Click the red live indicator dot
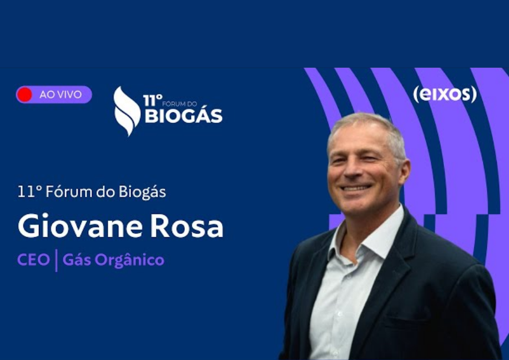pyautogui.click(x=24, y=94)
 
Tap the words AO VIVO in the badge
pyautogui.click(x=61, y=94)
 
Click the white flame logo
pyautogui.click(x=127, y=111)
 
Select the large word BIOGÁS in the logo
pyautogui.click(x=183, y=116)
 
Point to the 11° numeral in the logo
pyautogui.click(x=153, y=101)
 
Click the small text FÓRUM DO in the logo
pyautogui.click(x=179, y=104)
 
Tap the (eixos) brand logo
pyautogui.click(x=445, y=94)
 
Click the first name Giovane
pyautogui.click(x=80, y=226)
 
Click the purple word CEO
pyautogui.click(x=33, y=259)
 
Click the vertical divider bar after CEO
pyautogui.click(x=56, y=260)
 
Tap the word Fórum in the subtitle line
pyautogui.click(x=68, y=192)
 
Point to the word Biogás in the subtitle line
pyautogui.click(x=142, y=192)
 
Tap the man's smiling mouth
pyautogui.click(x=357, y=187)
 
